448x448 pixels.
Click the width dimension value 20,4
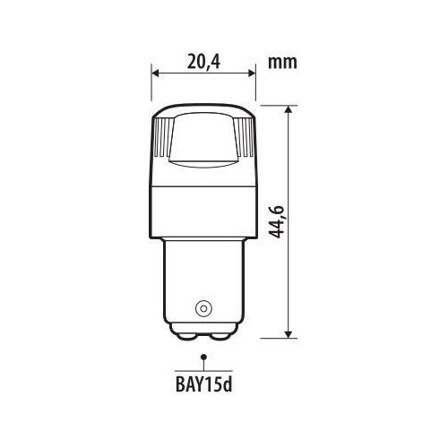(x=203, y=63)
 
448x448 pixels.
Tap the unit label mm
(x=282, y=63)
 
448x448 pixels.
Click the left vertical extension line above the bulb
(x=151, y=85)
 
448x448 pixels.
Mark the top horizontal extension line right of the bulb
(x=273, y=105)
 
